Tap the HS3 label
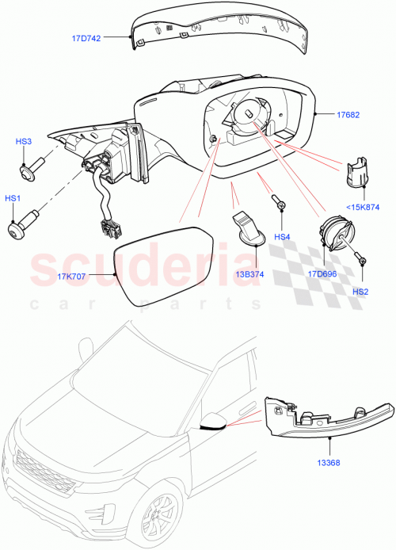tap(24, 141)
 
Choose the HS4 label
tap(282, 237)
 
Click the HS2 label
tap(360, 291)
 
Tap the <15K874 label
tap(363, 208)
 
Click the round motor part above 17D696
tap(332, 235)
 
